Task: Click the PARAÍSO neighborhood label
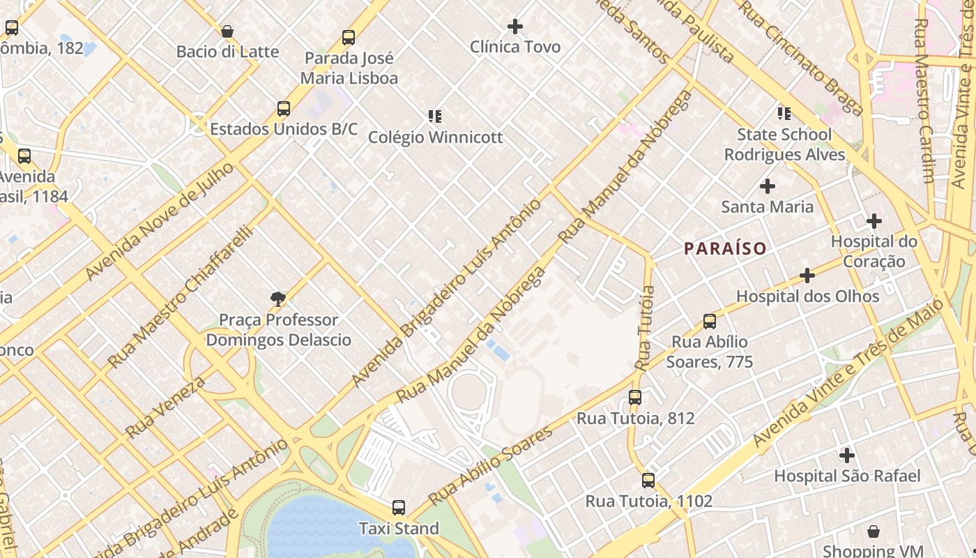[725, 248]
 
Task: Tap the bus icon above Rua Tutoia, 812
[634, 398]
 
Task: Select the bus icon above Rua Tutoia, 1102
[648, 480]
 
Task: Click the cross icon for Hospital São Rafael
[847, 455]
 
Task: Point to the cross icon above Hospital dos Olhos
[807, 276]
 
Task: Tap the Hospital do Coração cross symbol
[874, 221]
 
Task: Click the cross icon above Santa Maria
[768, 186]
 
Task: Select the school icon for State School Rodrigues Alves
[784, 113]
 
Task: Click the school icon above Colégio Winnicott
[435, 116]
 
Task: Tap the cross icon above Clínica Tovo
[515, 27]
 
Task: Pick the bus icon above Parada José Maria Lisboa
[349, 38]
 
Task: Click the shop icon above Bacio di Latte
[227, 31]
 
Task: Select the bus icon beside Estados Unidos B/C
[283, 109]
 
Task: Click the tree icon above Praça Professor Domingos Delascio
[278, 299]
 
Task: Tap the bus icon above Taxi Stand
[399, 508]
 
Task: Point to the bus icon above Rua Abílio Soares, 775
[710, 322]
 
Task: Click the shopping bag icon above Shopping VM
[874, 531]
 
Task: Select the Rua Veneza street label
[166, 407]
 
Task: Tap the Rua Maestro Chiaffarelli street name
[179, 297]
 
